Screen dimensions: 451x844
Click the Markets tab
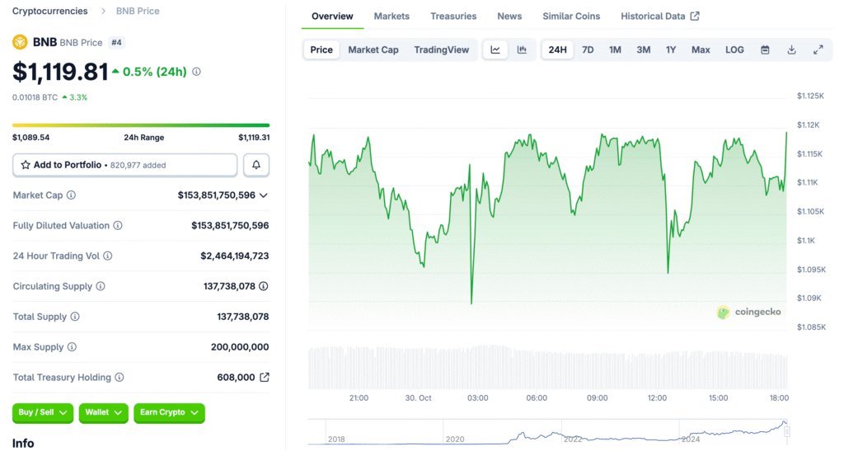pyautogui.click(x=392, y=16)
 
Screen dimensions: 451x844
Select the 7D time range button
pyautogui.click(x=588, y=49)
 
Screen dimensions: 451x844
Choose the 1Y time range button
pyautogui.click(x=671, y=49)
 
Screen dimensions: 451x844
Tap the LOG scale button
pyautogui.click(x=734, y=49)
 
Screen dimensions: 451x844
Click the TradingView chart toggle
pyautogui.click(x=441, y=49)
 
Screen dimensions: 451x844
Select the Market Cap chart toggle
pyautogui.click(x=373, y=49)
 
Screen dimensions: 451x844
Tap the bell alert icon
pyautogui.click(x=256, y=165)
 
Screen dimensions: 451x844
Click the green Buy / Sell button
pyautogui.click(x=43, y=412)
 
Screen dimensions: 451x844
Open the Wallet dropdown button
pyautogui.click(x=104, y=412)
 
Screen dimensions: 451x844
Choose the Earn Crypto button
pyautogui.click(x=169, y=412)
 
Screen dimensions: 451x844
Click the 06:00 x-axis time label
pyautogui.click(x=537, y=397)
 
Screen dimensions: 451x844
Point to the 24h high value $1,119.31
pyautogui.click(x=254, y=138)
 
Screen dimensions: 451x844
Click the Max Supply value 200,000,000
pyautogui.click(x=239, y=347)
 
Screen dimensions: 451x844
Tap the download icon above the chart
pyautogui.click(x=791, y=49)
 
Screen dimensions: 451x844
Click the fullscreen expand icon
pyautogui.click(x=818, y=49)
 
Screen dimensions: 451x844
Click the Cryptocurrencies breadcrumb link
pyautogui.click(x=49, y=12)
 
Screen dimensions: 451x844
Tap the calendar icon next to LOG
pyautogui.click(x=765, y=49)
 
